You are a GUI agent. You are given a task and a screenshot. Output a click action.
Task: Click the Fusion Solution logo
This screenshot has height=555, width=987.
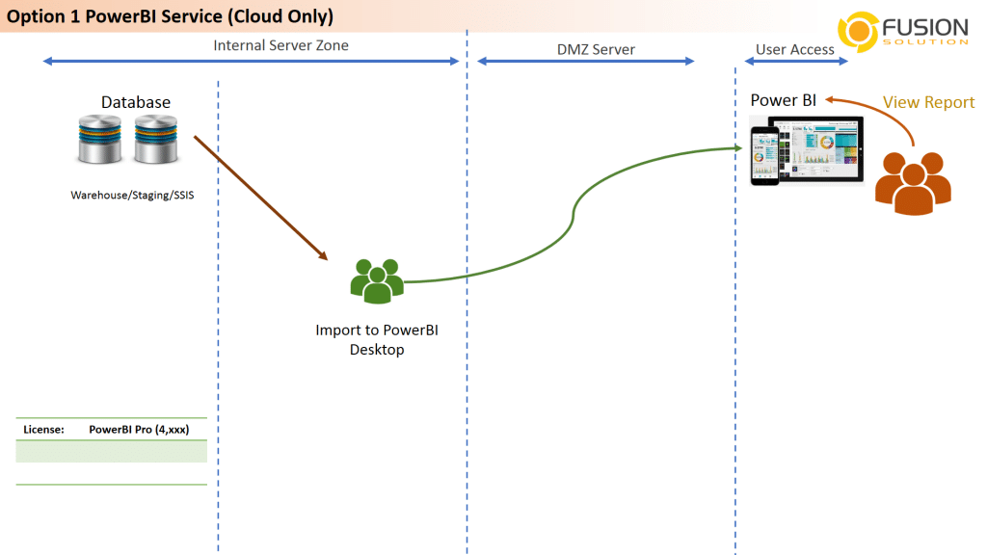click(x=903, y=31)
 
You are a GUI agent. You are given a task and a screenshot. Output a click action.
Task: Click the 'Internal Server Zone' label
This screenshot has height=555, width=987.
click(x=280, y=45)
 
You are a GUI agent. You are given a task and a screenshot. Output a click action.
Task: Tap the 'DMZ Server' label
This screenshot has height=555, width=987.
click(x=596, y=50)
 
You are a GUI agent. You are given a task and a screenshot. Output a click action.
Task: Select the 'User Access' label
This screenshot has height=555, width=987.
click(x=795, y=50)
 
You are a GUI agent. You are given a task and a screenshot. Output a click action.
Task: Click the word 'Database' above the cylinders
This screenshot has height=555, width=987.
click(x=136, y=102)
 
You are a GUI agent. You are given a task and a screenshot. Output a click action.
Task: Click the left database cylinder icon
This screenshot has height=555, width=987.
click(x=100, y=140)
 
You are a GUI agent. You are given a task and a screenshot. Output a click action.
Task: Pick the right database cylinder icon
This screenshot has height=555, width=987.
click(x=155, y=140)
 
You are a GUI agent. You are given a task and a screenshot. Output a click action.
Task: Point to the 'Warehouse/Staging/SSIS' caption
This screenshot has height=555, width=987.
click(x=132, y=195)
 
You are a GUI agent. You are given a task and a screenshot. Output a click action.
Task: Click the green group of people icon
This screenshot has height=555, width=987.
click(x=377, y=280)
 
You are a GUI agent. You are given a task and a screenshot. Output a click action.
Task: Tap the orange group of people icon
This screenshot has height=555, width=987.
click(x=913, y=183)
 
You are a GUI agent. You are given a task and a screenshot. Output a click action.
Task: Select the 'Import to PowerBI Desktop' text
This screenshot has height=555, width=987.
click(x=377, y=340)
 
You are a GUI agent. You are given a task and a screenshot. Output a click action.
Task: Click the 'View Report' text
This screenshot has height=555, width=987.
click(x=928, y=102)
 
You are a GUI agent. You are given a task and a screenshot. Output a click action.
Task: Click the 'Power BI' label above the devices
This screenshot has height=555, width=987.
click(x=783, y=100)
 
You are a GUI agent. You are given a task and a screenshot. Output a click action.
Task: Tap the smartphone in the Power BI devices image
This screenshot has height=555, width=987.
click(x=764, y=155)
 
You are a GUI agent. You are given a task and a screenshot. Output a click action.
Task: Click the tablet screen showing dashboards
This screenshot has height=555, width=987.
click(x=819, y=149)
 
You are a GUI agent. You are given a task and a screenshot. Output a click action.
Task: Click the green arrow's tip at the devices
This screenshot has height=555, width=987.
click(x=742, y=147)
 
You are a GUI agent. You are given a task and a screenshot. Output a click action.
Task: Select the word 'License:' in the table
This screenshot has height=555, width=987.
click(x=43, y=430)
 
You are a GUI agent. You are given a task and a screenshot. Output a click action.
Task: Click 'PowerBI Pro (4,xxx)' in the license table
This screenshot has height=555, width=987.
click(x=139, y=430)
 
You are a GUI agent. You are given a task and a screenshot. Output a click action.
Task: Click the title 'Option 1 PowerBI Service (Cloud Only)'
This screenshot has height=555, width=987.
click(x=170, y=16)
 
